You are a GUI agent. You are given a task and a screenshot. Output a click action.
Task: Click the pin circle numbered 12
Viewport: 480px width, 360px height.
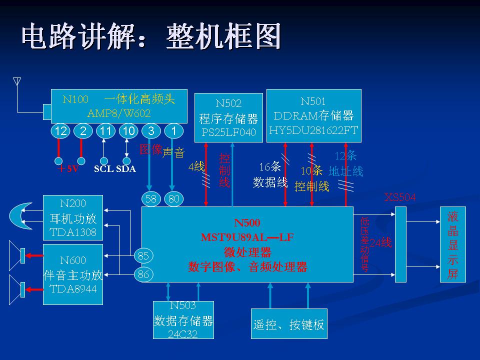pyautogui.click(x=61, y=131)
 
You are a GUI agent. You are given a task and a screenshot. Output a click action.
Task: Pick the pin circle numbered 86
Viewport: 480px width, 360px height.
pyautogui.click(x=143, y=274)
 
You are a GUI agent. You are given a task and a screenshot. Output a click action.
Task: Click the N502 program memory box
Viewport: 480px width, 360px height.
pyautogui.click(x=228, y=117)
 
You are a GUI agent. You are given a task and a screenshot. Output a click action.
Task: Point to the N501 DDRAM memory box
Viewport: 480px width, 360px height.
pyautogui.click(x=313, y=115)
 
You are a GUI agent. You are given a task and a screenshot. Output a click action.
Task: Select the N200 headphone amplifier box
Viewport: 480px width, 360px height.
pyautogui.click(x=73, y=217)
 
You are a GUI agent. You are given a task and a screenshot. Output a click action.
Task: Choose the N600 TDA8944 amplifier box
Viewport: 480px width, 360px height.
pyautogui.click(x=73, y=274)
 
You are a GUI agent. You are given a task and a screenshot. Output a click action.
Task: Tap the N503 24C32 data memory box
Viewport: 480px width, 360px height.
pyautogui.click(x=183, y=320)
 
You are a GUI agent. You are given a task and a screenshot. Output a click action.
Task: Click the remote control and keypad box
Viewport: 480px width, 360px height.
pyautogui.click(x=289, y=324)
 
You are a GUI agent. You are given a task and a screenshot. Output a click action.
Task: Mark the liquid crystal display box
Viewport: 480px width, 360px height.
pyautogui.click(x=452, y=244)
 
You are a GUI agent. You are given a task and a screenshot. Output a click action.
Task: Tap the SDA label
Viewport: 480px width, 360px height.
pyautogui.click(x=126, y=169)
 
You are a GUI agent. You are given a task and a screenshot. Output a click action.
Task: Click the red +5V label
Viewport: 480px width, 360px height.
pyautogui.click(x=68, y=169)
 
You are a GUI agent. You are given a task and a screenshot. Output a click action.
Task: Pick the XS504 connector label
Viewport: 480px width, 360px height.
pyautogui.click(x=400, y=197)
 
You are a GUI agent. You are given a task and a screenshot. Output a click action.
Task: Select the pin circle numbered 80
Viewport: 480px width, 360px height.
pyautogui.click(x=173, y=199)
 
